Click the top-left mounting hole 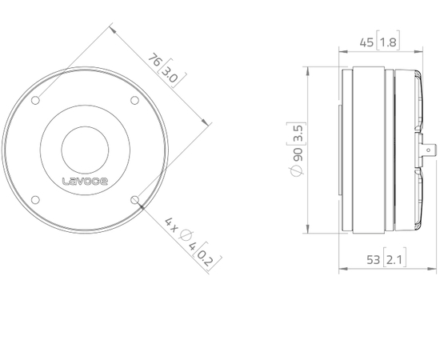[x=37, y=100]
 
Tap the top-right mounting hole [x=134, y=100]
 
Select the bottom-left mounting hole [x=37, y=198]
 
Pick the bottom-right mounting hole [x=134, y=198]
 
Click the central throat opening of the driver [x=86, y=149]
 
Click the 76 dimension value [x=158, y=62]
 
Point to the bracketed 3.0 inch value [x=170, y=76]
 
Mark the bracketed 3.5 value [x=297, y=134]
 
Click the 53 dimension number [x=371, y=258]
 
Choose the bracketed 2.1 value [x=393, y=258]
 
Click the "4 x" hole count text [x=171, y=222]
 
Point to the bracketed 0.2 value [x=206, y=257]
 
